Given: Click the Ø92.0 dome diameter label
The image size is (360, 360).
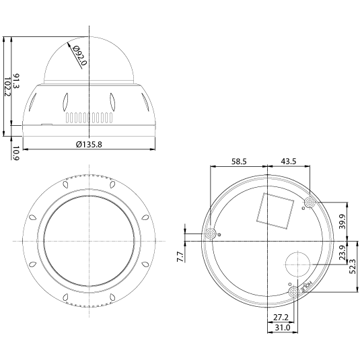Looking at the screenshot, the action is (x=79, y=56).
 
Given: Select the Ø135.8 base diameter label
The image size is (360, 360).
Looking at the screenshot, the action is (x=89, y=144).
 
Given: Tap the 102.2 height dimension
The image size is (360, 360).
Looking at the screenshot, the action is (x=7, y=87).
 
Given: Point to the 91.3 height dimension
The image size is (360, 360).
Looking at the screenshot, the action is (x=16, y=81).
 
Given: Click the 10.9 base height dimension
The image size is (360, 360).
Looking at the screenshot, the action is (x=16, y=153).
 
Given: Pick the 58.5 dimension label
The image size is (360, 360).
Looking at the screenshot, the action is (x=239, y=161).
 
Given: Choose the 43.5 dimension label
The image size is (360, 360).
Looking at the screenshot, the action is (x=289, y=161).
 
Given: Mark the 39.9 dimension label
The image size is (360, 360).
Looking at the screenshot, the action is (x=343, y=221).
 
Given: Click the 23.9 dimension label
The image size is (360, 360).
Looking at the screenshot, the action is (x=343, y=252).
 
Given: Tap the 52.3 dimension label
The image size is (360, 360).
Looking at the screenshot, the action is (x=353, y=266).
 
